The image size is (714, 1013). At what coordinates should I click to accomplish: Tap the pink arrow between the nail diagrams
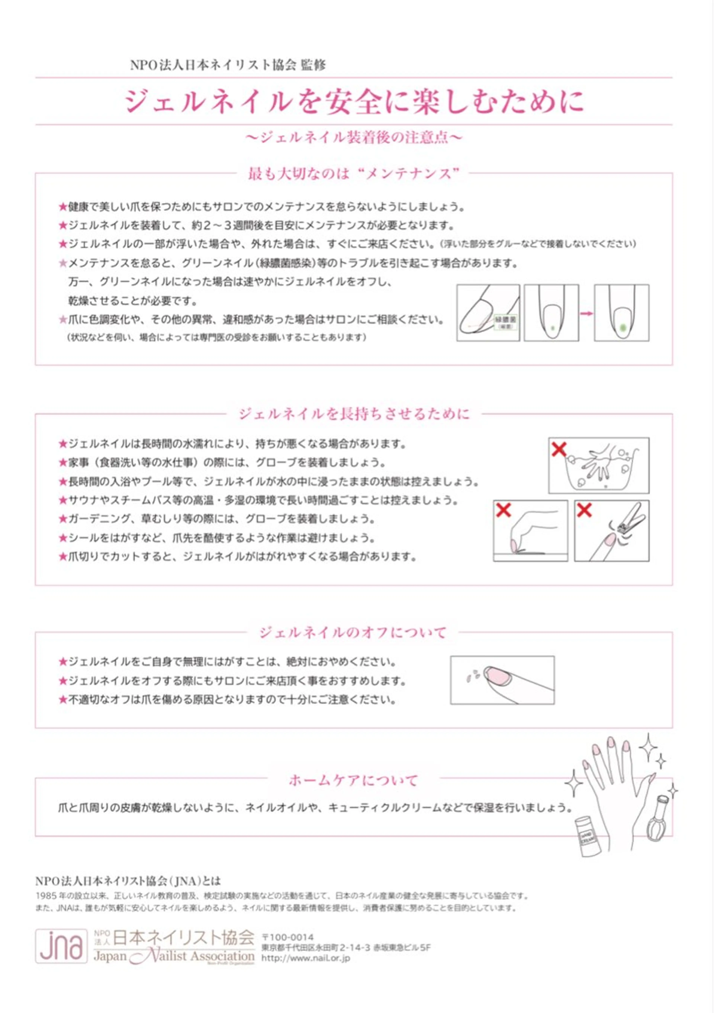click(586, 313)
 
